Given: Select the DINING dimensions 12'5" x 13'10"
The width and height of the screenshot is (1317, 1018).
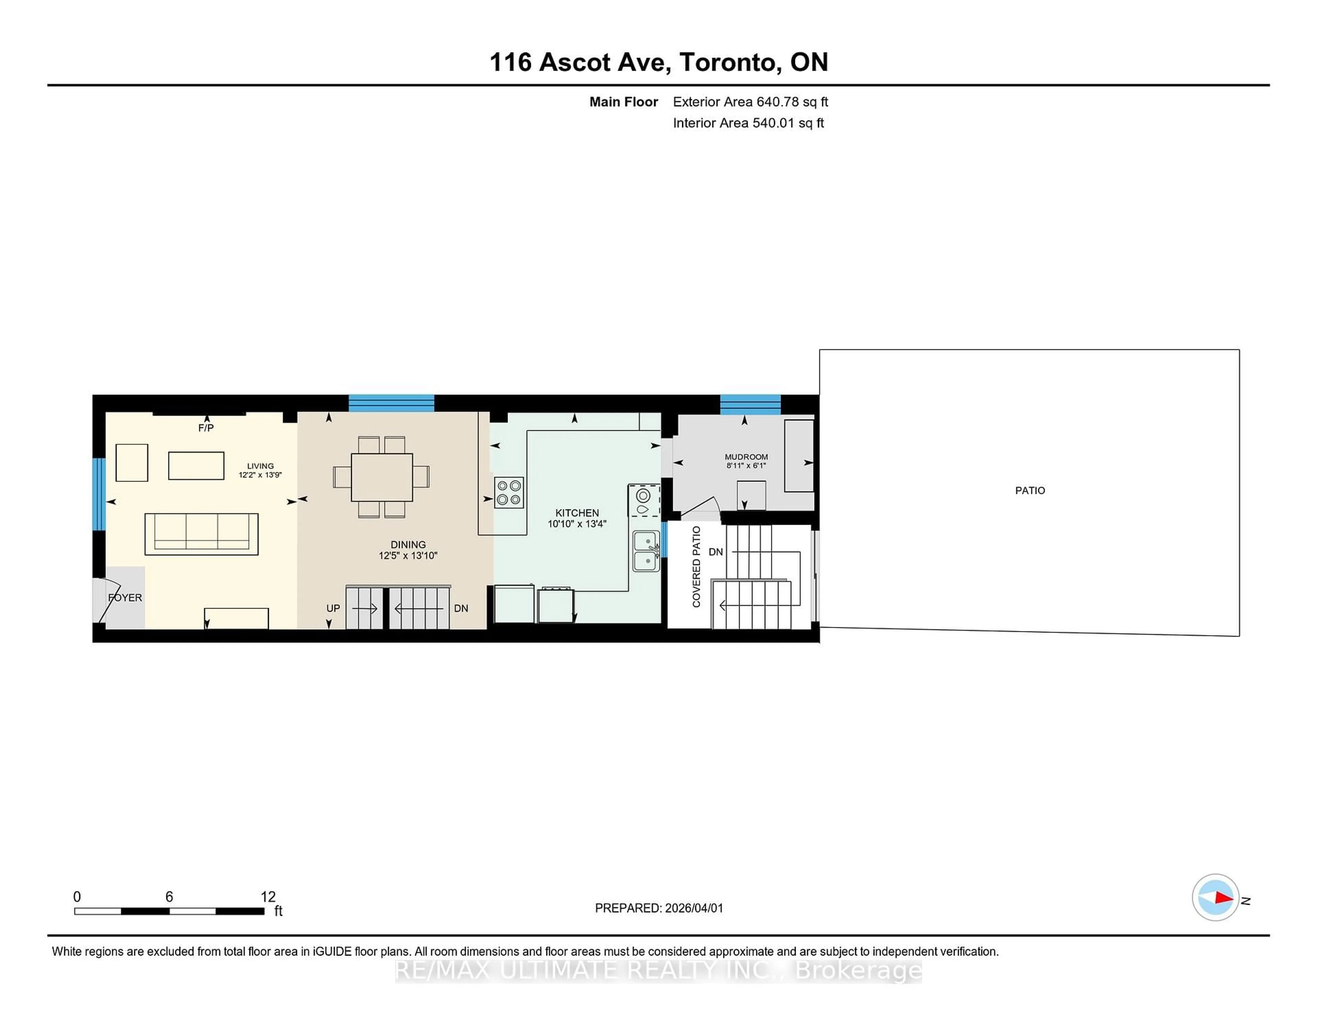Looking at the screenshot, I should click(x=408, y=555).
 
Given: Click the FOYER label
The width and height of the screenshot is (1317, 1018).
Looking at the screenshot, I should click(x=126, y=597).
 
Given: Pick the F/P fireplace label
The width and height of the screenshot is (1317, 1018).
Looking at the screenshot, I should click(x=206, y=428).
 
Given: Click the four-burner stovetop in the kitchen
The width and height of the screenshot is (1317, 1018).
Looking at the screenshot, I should click(x=508, y=492).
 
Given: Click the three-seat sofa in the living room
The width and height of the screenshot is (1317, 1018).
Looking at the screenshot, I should click(x=201, y=534).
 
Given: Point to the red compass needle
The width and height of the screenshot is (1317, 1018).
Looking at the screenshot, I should click(x=1223, y=898).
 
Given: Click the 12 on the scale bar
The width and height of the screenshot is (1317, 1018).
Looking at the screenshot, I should click(x=268, y=897).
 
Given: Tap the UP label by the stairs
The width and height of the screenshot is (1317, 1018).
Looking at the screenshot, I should click(x=333, y=608).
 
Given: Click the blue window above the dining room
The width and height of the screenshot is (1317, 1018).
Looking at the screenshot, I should click(x=391, y=403).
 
